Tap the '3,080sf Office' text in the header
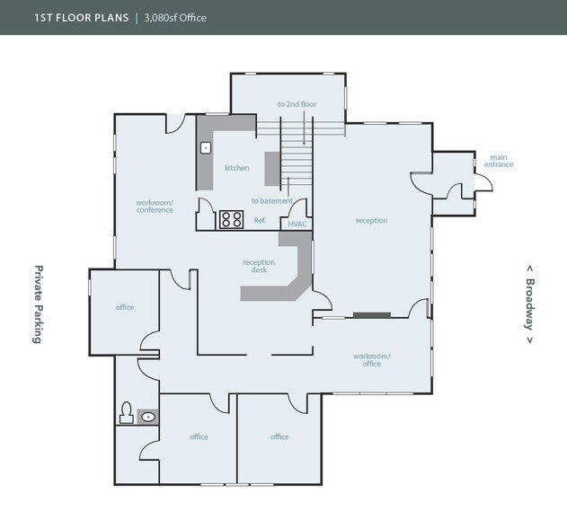[175, 17]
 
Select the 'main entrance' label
[500, 162]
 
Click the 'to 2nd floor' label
[297, 105]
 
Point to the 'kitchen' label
[237, 168]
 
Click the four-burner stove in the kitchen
[232, 219]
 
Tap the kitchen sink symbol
[206, 146]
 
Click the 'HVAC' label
[297, 223]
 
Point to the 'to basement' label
[271, 200]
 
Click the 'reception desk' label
[259, 267]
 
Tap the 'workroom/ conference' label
[155, 207]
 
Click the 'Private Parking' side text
[39, 304]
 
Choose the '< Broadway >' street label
[530, 304]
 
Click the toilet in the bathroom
[127, 415]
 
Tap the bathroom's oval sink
[148, 416]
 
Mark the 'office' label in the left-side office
[125, 307]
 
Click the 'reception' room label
[371, 220]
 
